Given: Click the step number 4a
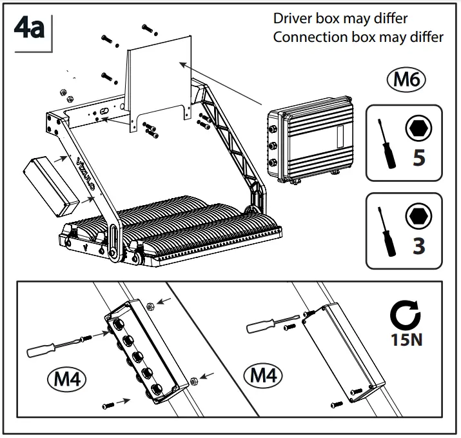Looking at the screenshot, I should [29, 28].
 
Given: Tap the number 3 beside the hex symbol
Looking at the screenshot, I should [419, 245].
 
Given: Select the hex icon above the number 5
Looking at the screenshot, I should [419, 129].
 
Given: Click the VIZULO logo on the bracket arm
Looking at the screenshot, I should [86, 175].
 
